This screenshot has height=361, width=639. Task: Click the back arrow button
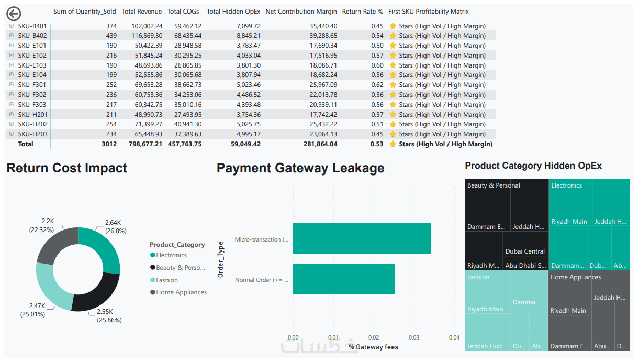[14, 14]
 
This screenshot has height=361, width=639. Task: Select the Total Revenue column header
[141, 12]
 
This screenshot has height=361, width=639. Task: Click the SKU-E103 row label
[32, 65]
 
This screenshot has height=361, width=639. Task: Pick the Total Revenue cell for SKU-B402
[147, 36]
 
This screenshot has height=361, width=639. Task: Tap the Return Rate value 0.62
[377, 85]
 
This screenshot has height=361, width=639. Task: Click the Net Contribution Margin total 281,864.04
[320, 144]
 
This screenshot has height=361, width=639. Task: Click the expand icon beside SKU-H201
[12, 114]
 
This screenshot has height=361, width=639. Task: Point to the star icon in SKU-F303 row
[393, 105]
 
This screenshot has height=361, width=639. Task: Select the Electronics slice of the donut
[104, 246]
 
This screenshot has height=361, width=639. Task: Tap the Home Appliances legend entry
[178, 292]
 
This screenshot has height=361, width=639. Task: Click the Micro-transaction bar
[362, 239]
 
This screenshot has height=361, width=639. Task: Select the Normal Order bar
[344, 279]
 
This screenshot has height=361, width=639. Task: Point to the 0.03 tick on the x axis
[413, 337]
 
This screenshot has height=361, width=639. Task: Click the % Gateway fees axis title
[374, 347]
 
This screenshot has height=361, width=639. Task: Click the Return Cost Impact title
[67, 168]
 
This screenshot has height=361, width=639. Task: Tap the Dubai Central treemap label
[525, 251]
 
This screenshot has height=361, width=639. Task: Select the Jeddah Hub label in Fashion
[485, 346]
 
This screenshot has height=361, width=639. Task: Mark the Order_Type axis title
[220, 259]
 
